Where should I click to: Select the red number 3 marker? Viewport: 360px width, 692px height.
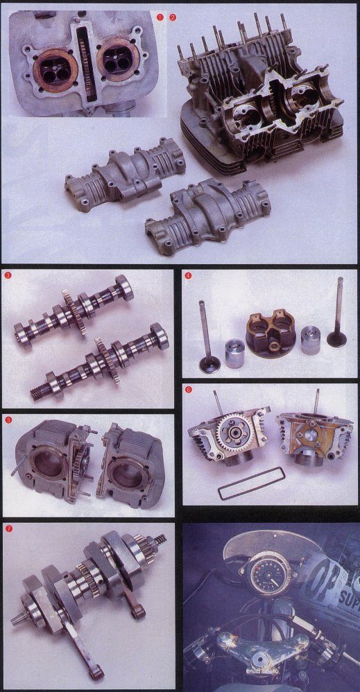click(8, 276)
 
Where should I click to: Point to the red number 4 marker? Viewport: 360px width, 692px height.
click(188, 276)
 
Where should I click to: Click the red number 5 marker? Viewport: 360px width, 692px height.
click(8, 419)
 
